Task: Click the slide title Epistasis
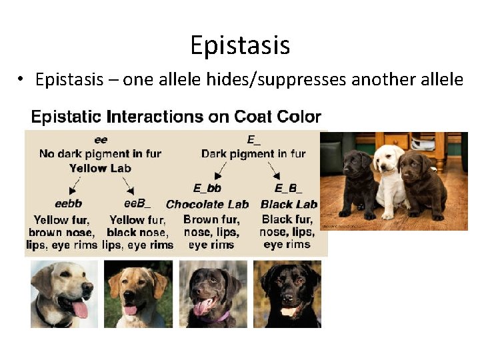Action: [x=240, y=45]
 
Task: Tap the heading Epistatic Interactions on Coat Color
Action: [x=177, y=117]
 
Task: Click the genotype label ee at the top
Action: [x=101, y=140]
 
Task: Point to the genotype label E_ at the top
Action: [x=253, y=140]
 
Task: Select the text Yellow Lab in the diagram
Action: [x=101, y=168]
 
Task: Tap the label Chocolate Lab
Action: [x=207, y=204]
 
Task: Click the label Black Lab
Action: [x=289, y=204]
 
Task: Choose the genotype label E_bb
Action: [x=207, y=189]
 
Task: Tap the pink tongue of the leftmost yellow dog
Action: [x=80, y=309]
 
